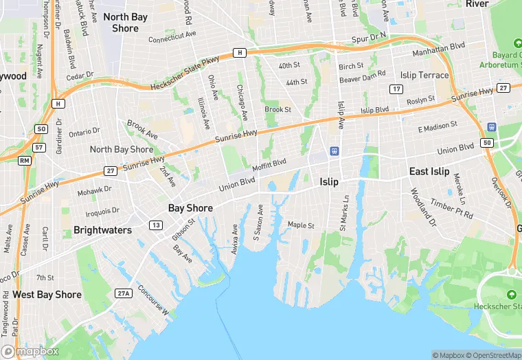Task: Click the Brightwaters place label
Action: [x=102, y=230]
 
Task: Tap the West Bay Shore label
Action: [x=47, y=295]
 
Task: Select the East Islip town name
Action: [x=429, y=172]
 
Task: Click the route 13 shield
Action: [x=157, y=225]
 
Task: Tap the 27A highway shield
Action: [x=123, y=294]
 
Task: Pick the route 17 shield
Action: [x=396, y=89]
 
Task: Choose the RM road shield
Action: [x=25, y=161]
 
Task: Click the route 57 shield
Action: [x=39, y=147]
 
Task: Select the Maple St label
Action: [x=301, y=225]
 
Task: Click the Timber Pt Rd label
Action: [x=451, y=209]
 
